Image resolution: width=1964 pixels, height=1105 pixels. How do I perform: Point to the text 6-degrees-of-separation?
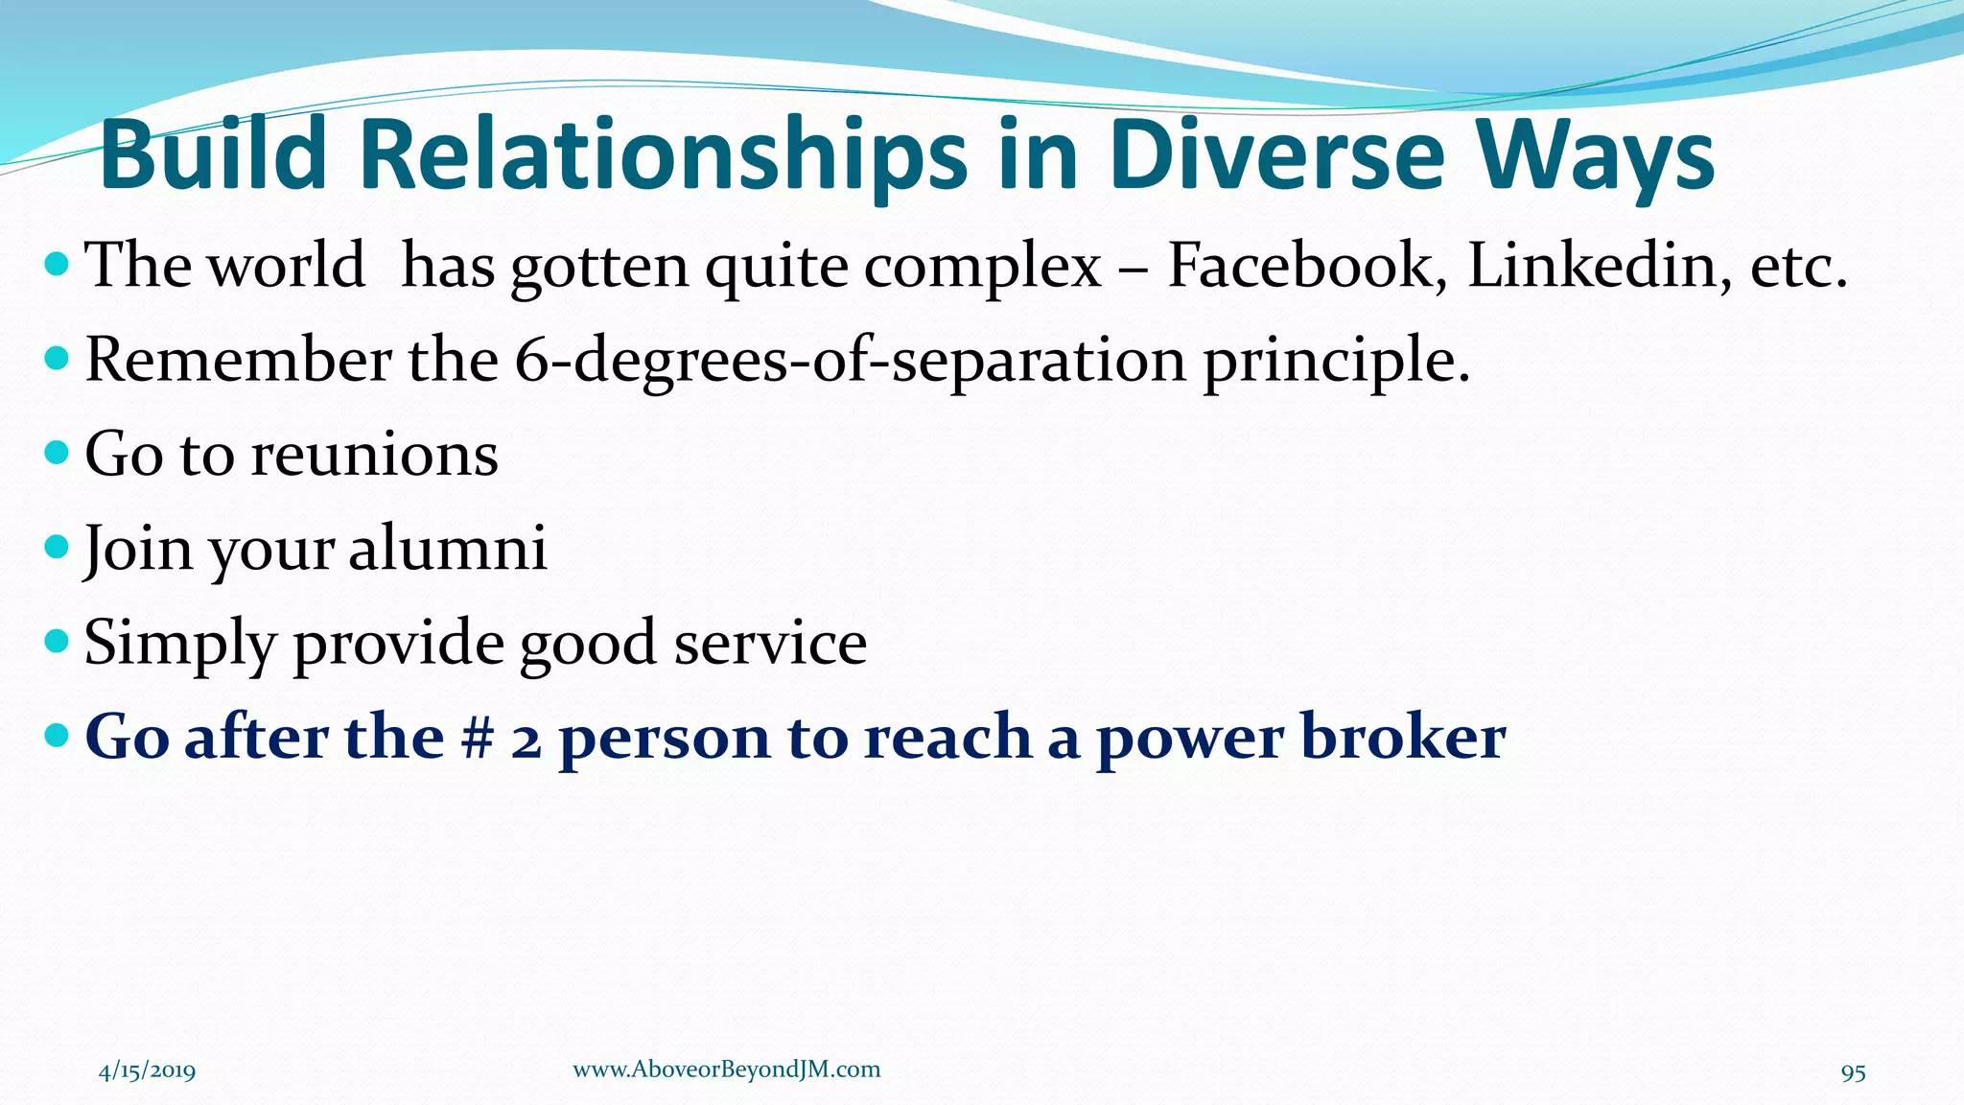[850, 362]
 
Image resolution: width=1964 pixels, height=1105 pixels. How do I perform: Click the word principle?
[1336, 362]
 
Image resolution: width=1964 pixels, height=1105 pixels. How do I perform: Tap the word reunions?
[374, 454]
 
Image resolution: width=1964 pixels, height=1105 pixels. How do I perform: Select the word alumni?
[447, 549]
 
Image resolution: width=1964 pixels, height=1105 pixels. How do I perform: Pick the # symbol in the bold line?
[476, 738]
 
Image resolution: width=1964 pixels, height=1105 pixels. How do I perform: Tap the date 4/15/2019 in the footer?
[147, 1070]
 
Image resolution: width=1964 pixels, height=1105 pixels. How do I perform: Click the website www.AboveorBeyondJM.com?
[726, 1070]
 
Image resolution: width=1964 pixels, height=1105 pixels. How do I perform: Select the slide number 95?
[1853, 1072]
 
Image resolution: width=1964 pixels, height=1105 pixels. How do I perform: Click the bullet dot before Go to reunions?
[58, 452]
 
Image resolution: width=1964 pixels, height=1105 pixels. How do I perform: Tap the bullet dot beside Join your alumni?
[58, 547]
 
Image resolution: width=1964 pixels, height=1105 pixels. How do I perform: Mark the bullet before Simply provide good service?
[58, 641]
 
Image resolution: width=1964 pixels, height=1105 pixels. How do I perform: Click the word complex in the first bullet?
[982, 267]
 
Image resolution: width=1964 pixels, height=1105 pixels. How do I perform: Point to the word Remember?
[238, 362]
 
